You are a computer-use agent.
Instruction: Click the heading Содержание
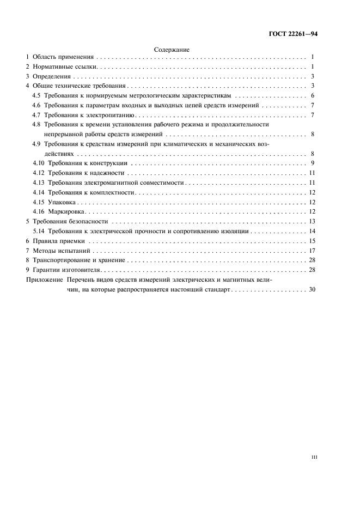tap(172, 49)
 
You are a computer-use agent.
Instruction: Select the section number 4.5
tap(36, 95)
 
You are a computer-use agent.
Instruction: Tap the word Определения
tap(50, 76)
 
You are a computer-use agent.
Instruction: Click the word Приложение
tap(44, 280)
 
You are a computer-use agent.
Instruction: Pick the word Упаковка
tap(62, 202)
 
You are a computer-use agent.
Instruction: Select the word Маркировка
tap(67, 212)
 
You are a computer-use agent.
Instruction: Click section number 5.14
tap(39, 231)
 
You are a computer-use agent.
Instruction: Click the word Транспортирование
tap(58, 260)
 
